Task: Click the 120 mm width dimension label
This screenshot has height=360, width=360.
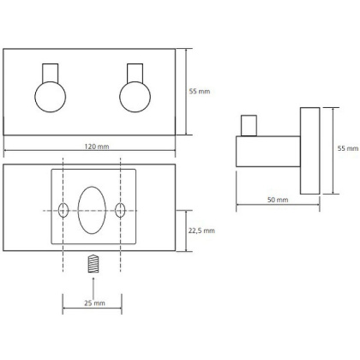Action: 97,147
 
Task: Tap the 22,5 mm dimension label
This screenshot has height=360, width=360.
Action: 201,231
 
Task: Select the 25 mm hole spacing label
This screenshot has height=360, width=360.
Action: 94,303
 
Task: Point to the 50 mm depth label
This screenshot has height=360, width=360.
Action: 278,200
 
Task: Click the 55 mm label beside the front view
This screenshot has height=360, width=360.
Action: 200,92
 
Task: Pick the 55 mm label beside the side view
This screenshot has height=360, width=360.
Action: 348,148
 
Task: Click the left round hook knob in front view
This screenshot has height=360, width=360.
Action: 51,97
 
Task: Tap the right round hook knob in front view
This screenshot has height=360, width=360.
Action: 135,97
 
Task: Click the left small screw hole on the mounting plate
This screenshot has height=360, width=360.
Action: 63,210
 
